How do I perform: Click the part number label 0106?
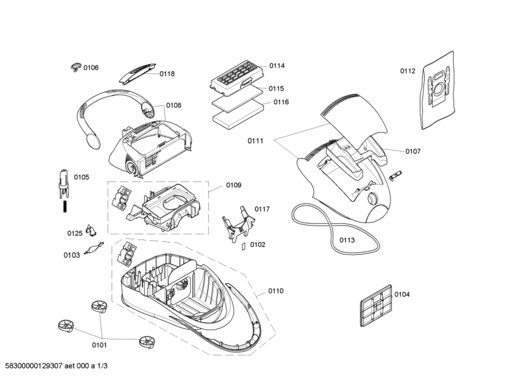91,68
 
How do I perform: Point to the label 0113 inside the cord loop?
347,240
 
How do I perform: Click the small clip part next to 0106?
75,66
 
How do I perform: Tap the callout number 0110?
275,291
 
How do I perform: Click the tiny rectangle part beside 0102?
242,247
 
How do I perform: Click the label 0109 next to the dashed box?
233,185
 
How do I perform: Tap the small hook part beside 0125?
91,230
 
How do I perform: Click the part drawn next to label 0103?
93,249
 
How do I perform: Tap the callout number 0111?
255,141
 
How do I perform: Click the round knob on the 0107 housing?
372,198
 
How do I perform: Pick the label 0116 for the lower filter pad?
280,102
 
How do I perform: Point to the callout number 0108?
173,105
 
